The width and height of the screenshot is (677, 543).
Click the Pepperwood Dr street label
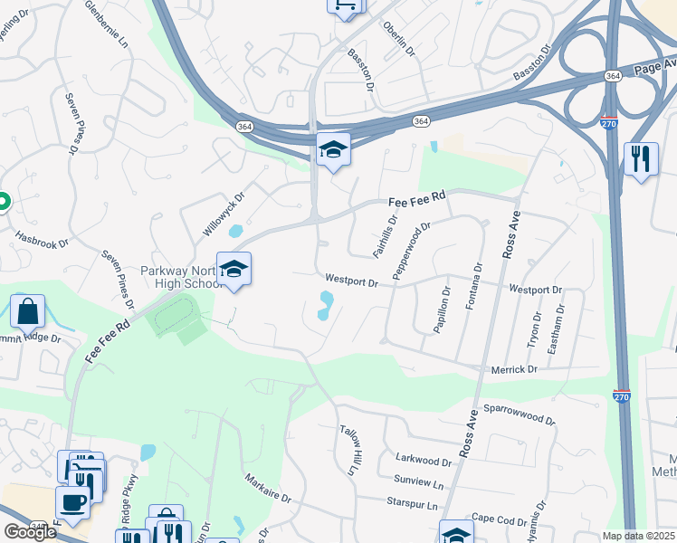coord(410,250)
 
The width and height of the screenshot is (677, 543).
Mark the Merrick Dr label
coord(514,369)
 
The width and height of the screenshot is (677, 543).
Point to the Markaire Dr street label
coord(268,487)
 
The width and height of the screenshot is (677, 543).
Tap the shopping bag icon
coord(28,311)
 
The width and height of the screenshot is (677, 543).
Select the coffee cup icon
coord(72,501)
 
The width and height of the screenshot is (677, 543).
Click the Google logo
coord(30,531)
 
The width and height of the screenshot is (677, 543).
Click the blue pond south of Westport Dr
coord(324,306)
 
